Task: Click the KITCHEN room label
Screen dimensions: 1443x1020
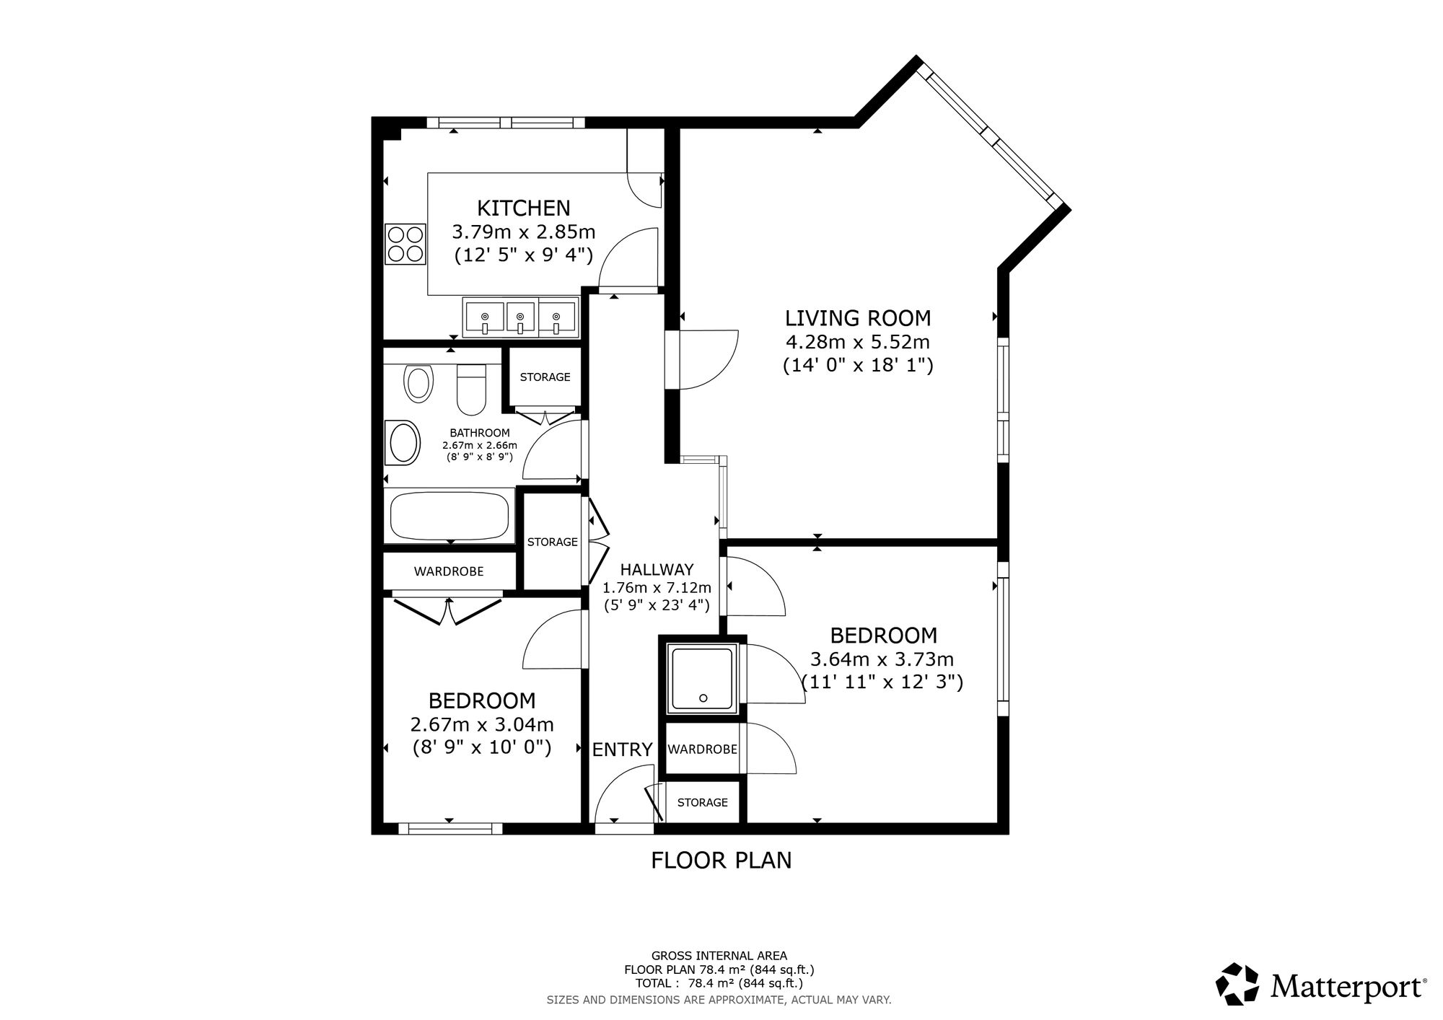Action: click(x=524, y=208)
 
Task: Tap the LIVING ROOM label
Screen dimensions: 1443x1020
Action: click(x=858, y=318)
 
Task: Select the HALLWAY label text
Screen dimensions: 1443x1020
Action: click(x=657, y=569)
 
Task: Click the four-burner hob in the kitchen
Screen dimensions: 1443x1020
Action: click(x=405, y=244)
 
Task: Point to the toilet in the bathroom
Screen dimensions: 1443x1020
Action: click(x=473, y=390)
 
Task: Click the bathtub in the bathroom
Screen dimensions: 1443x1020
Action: click(x=450, y=516)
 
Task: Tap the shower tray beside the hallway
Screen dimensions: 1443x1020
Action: click(x=702, y=678)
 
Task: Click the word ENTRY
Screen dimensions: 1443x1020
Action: click(x=622, y=750)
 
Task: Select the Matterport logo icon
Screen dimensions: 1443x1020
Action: click(x=1237, y=984)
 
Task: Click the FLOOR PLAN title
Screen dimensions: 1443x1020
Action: click(x=721, y=861)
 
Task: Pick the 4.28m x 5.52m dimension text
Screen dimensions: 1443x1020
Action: click(x=858, y=342)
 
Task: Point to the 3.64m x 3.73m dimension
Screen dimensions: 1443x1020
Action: click(x=882, y=659)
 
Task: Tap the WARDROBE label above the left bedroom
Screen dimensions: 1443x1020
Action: click(x=449, y=571)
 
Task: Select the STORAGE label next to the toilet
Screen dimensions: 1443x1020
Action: click(x=545, y=377)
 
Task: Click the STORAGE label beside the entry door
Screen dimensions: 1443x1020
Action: click(x=703, y=802)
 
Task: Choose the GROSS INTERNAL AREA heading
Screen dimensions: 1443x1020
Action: click(x=719, y=957)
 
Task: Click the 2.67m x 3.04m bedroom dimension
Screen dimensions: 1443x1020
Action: click(x=482, y=724)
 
